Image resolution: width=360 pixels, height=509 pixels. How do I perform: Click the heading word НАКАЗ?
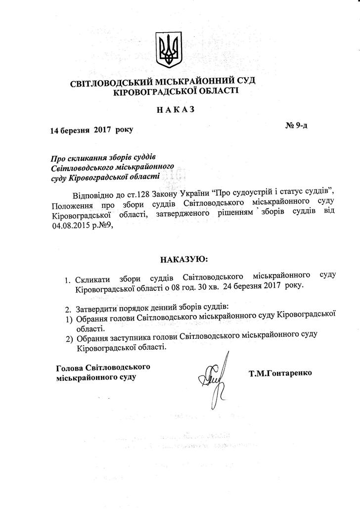coord(176,109)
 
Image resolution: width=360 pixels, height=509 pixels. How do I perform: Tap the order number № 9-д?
coord(296,125)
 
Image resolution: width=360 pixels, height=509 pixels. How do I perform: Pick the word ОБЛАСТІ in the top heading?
coord(218,91)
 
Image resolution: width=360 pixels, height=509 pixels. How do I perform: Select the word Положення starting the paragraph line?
coord(71,204)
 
